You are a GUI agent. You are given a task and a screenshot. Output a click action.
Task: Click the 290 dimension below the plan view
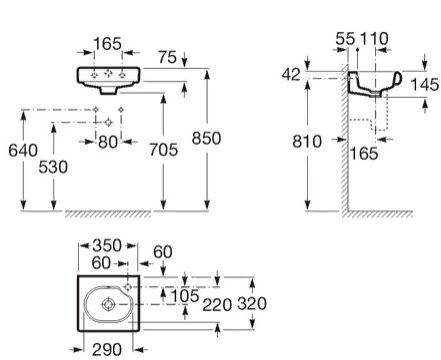point(104,349)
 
